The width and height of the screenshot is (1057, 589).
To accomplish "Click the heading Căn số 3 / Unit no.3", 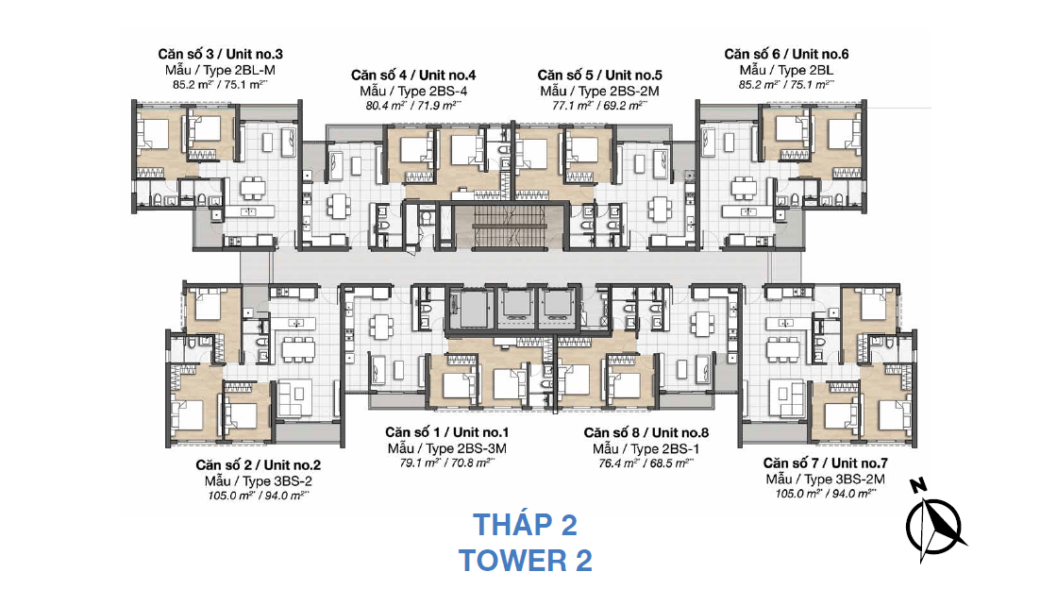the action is [221, 54].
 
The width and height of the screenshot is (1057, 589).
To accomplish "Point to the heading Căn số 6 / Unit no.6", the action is [786, 54].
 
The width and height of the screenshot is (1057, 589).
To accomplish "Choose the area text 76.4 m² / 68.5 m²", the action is [646, 463].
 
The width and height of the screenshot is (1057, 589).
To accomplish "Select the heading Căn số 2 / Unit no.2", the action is [259, 465].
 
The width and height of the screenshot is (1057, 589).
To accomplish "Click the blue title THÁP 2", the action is [525, 525].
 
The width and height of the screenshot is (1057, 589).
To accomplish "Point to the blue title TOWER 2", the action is [525, 561].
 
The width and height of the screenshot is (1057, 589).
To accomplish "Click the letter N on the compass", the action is [917, 484].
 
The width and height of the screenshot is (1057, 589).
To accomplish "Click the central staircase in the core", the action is [509, 227].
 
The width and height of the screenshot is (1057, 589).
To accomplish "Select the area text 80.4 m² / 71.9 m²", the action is [413, 106].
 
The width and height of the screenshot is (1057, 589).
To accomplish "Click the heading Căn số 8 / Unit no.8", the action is [646, 432].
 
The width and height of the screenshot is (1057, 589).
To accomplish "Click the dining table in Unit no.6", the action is [745, 187].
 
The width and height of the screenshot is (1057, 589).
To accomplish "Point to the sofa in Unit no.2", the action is [294, 397].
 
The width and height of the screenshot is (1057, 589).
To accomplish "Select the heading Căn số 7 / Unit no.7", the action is [825, 463].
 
